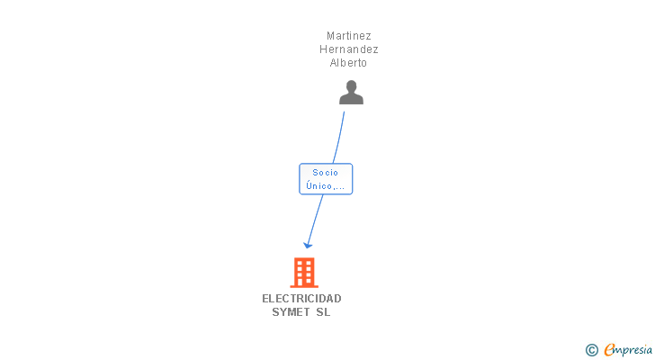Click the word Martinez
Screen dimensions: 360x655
[x=349, y=36]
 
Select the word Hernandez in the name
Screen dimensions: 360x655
[x=349, y=49]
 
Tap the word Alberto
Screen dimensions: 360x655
[x=349, y=63]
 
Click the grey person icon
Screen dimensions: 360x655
[x=351, y=93]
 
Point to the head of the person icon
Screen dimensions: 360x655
[x=351, y=86]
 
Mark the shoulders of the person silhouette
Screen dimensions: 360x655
[x=351, y=99]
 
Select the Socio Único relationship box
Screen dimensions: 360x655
[x=326, y=179]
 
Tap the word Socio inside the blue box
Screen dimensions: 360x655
[x=326, y=172]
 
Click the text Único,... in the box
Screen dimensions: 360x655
[x=326, y=186]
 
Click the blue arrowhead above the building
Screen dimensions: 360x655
[x=308, y=244]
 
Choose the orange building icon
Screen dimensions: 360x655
[x=304, y=273]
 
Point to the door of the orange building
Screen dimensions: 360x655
[x=304, y=282]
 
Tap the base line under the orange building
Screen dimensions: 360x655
[x=304, y=286]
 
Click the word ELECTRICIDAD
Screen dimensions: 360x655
[x=302, y=299]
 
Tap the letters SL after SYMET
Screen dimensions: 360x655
[x=323, y=312]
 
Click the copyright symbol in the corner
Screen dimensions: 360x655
[x=592, y=350]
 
